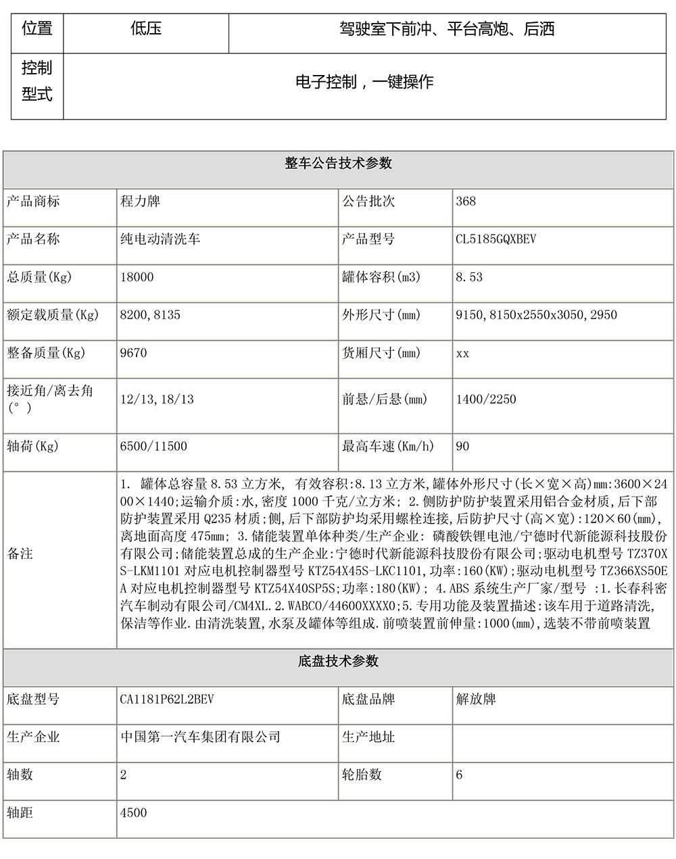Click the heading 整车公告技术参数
[x=338, y=164]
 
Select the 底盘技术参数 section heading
[x=338, y=661]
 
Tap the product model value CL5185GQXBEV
[x=496, y=239]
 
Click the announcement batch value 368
[x=466, y=201]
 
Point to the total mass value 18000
[x=137, y=277]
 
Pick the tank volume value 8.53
[x=469, y=277]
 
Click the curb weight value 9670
[x=133, y=353]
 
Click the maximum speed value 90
[x=462, y=446]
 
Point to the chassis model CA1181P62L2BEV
[x=166, y=699]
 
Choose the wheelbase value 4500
[x=133, y=812]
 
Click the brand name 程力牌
[x=140, y=201]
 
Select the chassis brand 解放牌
[x=476, y=699]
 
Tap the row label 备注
[x=20, y=554]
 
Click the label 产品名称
[x=33, y=239]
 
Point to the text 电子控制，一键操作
[x=364, y=82]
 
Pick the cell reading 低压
[x=146, y=29]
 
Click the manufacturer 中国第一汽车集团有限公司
[x=200, y=737]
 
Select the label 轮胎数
[x=362, y=775]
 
